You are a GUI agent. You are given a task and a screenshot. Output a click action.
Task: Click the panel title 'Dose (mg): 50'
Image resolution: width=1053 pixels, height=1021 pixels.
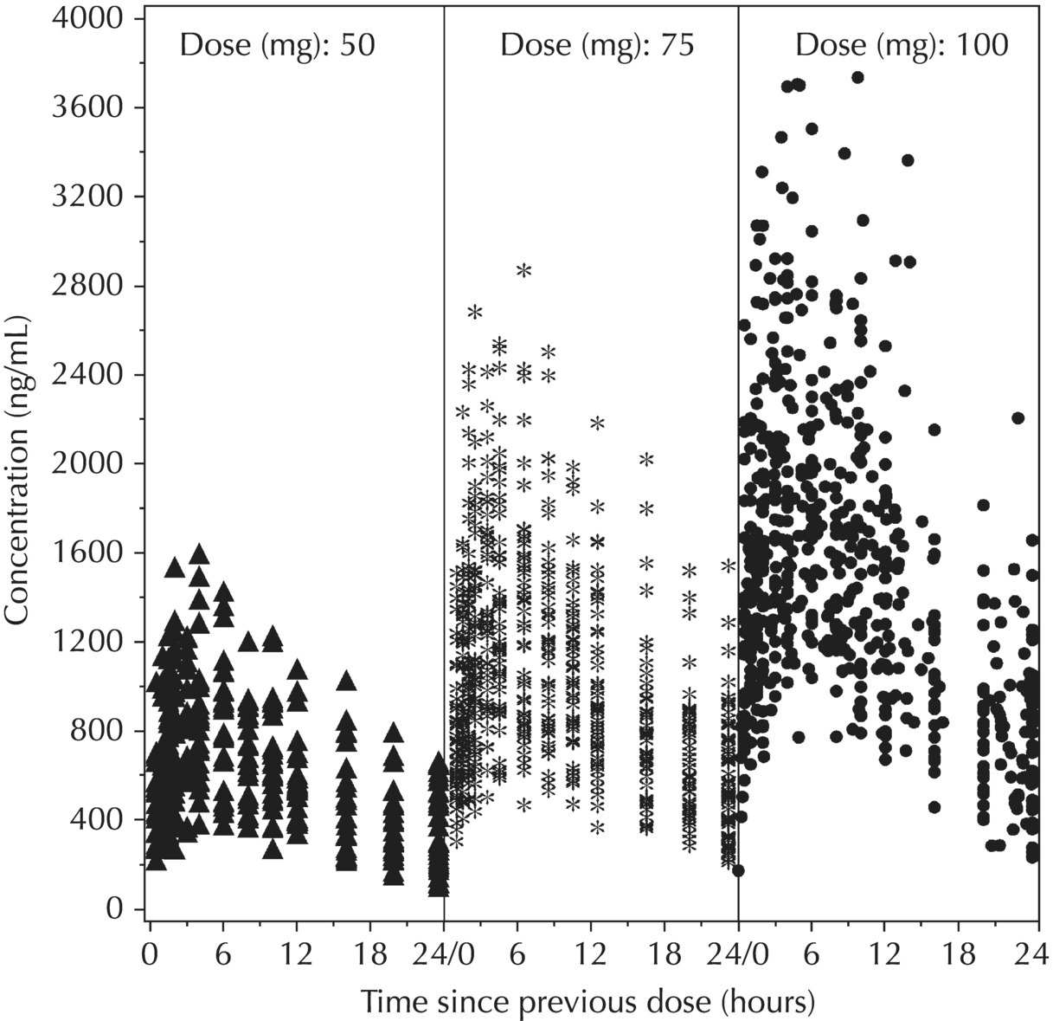277,45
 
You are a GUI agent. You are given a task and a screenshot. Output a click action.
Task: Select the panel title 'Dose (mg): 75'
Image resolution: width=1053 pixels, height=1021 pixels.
597,45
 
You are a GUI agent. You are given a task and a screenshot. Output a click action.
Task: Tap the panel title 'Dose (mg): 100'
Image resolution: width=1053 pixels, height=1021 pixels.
902,45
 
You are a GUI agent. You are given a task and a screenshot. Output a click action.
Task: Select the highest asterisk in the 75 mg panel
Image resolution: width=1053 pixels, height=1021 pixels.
524,270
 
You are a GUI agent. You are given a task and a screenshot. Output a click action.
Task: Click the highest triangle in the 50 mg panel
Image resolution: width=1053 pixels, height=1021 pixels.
199,554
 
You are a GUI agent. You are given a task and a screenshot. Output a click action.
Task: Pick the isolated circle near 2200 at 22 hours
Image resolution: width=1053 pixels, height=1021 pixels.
1018,417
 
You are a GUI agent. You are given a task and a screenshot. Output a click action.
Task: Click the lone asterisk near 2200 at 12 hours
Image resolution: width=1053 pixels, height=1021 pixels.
597,423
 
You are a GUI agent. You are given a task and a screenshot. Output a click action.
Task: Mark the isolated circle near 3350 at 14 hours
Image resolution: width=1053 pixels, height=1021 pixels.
908,160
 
